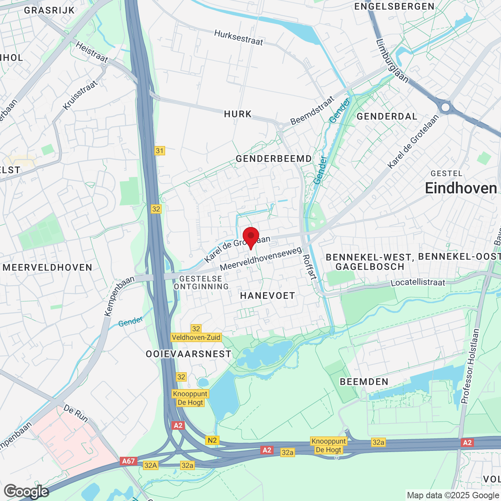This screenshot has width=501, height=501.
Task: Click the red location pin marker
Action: point(251,236)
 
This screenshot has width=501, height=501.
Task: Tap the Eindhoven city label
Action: point(461,188)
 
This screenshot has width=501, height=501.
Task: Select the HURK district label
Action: point(238,114)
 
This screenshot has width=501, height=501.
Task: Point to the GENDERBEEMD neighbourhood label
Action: point(274,159)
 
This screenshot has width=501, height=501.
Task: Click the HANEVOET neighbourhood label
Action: point(267,296)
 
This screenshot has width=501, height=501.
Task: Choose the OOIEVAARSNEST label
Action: point(189,354)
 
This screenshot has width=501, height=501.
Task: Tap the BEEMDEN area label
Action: point(364,382)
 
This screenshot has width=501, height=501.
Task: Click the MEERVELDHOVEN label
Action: point(47,268)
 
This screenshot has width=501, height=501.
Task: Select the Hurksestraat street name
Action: point(238,38)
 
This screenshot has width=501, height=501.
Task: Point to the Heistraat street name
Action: point(92,52)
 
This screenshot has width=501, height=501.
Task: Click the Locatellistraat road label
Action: point(418,282)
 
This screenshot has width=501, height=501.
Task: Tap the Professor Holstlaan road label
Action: point(470,366)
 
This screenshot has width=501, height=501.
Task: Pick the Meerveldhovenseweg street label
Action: point(261,258)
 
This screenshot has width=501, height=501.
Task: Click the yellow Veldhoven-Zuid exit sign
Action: point(196,337)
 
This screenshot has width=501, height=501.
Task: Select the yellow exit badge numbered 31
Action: point(159,151)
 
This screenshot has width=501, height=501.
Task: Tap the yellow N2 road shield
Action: point(212,440)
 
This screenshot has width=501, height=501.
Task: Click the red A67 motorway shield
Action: point(128,461)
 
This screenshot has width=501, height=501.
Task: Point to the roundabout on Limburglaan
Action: point(445,107)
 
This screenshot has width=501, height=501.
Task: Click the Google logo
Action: point(26,492)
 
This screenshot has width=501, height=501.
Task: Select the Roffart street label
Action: point(310,267)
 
